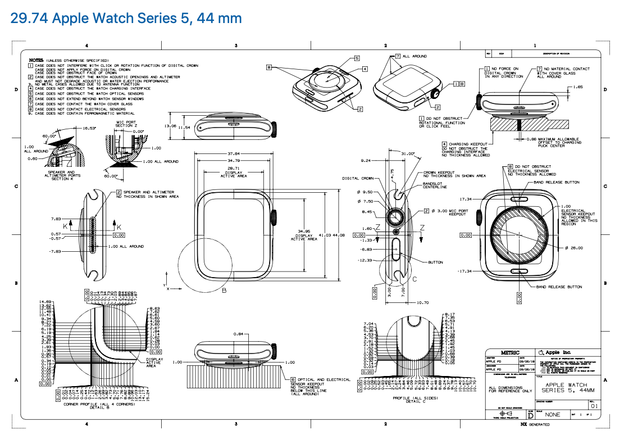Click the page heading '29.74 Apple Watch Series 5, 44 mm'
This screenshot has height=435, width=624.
(126, 19)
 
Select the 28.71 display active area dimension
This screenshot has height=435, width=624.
(233, 168)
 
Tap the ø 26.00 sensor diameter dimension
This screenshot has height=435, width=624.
(575, 248)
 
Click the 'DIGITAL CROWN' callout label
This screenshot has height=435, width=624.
(357, 179)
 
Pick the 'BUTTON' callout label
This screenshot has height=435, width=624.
(435, 262)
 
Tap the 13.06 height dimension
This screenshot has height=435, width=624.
(170, 126)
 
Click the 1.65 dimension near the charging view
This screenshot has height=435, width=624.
(579, 87)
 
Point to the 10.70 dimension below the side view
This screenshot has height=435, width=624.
(422, 302)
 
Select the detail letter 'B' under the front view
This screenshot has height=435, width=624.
(224, 290)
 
